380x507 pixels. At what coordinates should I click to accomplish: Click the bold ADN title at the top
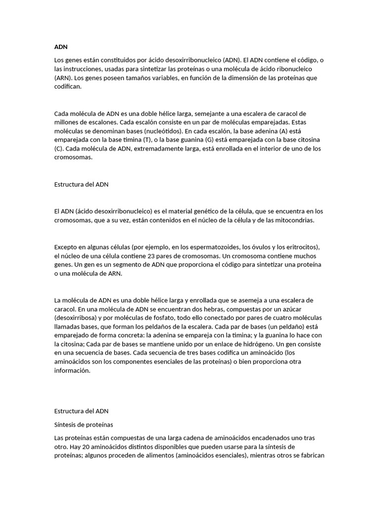tap(60, 47)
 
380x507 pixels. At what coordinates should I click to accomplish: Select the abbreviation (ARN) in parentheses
tap(63, 78)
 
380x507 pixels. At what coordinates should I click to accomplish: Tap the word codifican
tap(69, 86)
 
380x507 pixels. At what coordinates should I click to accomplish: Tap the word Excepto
tap(66, 247)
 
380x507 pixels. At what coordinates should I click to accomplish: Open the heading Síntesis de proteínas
tap(84, 424)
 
